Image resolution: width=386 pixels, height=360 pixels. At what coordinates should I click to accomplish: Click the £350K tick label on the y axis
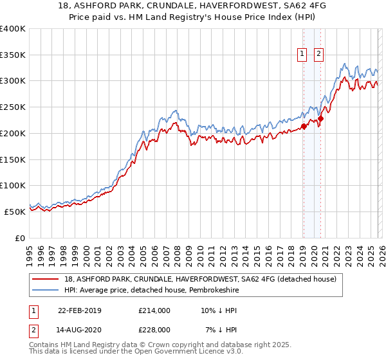click(13, 55)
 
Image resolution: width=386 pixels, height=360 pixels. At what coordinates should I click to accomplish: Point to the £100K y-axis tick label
click(13, 185)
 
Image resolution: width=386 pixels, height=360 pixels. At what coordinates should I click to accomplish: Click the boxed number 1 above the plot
click(302, 55)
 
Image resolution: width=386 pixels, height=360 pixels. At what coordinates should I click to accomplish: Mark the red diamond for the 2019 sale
click(304, 126)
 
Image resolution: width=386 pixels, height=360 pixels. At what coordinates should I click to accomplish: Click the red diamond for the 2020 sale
click(320, 118)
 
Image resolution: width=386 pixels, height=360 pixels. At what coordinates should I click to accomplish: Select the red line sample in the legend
click(45, 278)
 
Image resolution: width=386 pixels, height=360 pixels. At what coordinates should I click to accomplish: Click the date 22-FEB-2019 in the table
click(79, 310)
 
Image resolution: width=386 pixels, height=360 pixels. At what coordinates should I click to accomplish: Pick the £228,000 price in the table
click(154, 330)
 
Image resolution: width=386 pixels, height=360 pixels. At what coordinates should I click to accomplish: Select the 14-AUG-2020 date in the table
click(79, 330)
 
